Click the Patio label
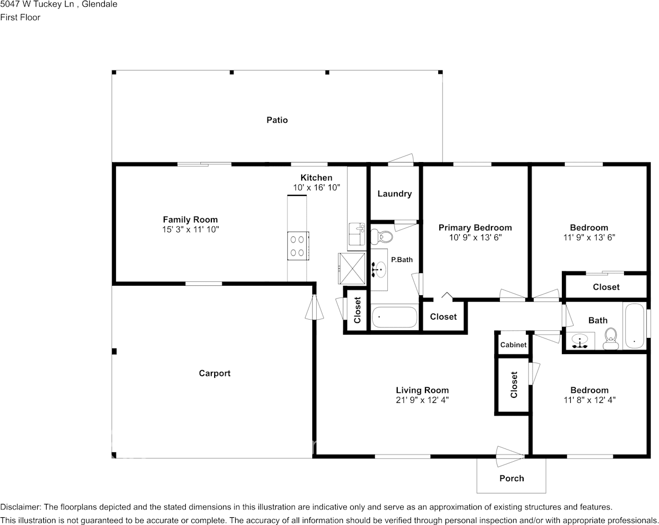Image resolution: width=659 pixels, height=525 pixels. pyautogui.click(x=277, y=120)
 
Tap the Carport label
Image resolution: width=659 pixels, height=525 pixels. pyautogui.click(x=214, y=373)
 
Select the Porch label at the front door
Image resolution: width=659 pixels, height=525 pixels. pyautogui.click(x=511, y=478)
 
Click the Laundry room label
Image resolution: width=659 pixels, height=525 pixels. pyautogui.click(x=394, y=194)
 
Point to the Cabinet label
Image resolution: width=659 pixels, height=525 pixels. pyautogui.click(x=513, y=345)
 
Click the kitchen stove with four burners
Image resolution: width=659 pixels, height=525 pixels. pyautogui.click(x=298, y=246)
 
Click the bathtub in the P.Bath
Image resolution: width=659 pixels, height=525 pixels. pyautogui.click(x=394, y=317)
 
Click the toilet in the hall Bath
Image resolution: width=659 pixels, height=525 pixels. pyautogui.click(x=611, y=339)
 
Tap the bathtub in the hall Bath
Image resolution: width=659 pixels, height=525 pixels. pyautogui.click(x=634, y=326)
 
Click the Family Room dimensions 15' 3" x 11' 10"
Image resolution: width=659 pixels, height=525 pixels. pyautogui.click(x=190, y=230)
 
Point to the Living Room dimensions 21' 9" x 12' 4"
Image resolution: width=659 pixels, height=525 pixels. pyautogui.click(x=422, y=400)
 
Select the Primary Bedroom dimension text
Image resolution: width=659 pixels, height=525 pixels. pyautogui.click(x=475, y=237)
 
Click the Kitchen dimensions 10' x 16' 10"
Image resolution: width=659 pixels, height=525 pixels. pyautogui.click(x=317, y=188)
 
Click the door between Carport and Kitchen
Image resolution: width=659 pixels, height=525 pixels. pyautogui.click(x=313, y=307)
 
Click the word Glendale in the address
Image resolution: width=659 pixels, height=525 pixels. pyautogui.click(x=99, y=4)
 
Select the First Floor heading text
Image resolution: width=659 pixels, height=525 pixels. pyautogui.click(x=20, y=17)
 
